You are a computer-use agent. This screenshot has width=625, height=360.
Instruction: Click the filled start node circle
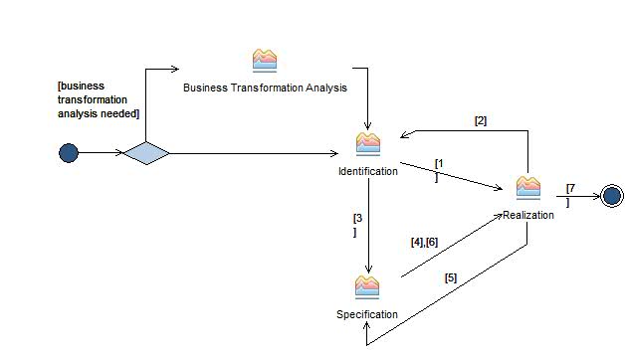pyautogui.click(x=69, y=152)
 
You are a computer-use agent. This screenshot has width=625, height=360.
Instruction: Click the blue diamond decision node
pyautogui.click(x=146, y=153)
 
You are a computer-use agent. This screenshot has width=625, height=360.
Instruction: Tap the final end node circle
pyautogui.click(x=611, y=196)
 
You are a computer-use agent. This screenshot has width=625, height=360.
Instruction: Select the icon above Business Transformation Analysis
pyautogui.click(x=265, y=61)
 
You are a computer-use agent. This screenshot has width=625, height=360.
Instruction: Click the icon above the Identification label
pyautogui.click(x=368, y=144)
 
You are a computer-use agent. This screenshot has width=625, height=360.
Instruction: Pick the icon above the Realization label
pyautogui.click(x=527, y=188)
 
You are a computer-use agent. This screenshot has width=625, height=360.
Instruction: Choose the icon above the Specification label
pyautogui.click(x=367, y=287)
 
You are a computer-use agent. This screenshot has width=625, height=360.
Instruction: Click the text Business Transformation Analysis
pyautogui.click(x=265, y=88)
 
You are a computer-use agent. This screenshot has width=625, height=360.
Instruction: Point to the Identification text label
pyautogui.click(x=368, y=171)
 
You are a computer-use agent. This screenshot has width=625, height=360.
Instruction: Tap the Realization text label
pyautogui.click(x=527, y=215)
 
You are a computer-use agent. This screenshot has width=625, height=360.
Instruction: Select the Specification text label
pyautogui.click(x=367, y=314)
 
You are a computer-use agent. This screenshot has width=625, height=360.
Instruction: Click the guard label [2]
pyautogui.click(x=480, y=120)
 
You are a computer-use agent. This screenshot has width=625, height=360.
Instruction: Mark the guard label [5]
pyautogui.click(x=451, y=277)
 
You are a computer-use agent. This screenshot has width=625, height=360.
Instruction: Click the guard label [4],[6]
pyautogui.click(x=424, y=242)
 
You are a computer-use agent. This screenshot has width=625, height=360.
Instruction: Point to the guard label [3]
pyautogui.click(x=357, y=224)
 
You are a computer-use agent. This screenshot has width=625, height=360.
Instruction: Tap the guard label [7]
pyautogui.click(x=569, y=194)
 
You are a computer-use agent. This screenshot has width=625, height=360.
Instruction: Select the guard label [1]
pyautogui.click(x=438, y=168)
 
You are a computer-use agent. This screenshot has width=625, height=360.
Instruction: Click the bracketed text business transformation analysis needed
pyautogui.click(x=99, y=99)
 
